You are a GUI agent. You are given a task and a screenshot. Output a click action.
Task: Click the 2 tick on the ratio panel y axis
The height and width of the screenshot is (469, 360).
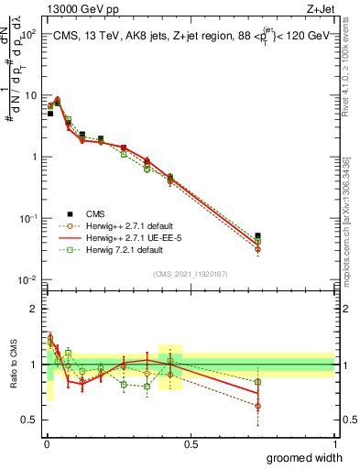[x=34, y=308]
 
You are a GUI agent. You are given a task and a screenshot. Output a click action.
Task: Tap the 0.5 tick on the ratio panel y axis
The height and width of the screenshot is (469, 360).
[x=30, y=420]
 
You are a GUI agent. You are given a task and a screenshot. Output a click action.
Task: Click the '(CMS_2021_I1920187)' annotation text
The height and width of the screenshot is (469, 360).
[x=190, y=274]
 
